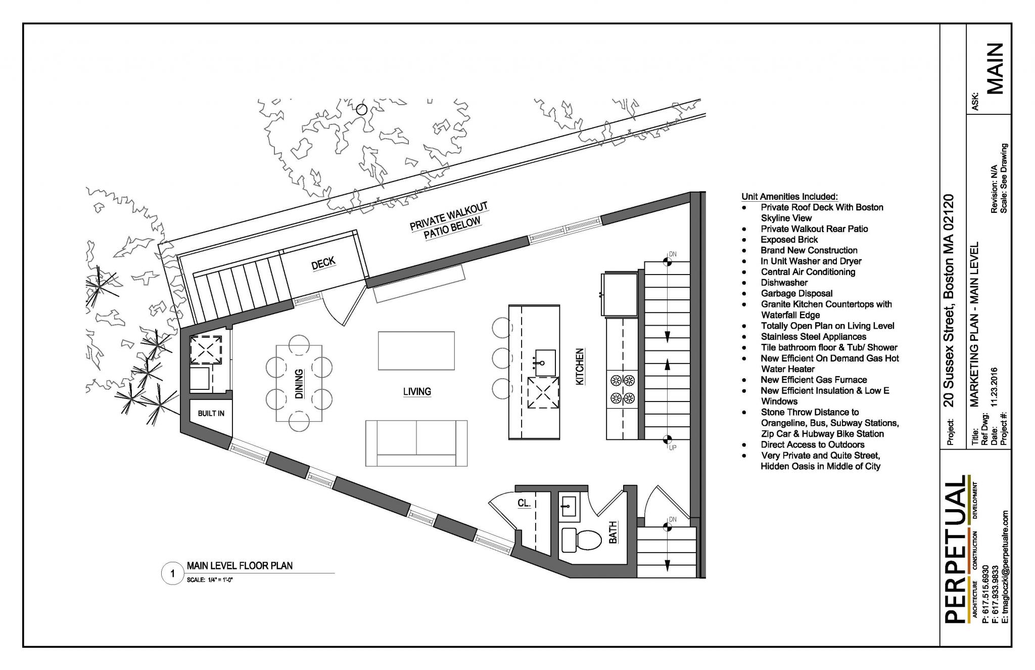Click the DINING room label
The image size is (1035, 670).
tap(299, 384)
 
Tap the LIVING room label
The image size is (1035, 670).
tap(417, 391)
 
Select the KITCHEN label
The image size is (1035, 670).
tap(580, 367)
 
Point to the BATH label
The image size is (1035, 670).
tap(613, 532)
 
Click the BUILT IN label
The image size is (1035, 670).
tap(211, 413)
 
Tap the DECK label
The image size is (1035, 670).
tap(323, 263)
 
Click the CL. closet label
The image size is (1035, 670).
tap(524, 503)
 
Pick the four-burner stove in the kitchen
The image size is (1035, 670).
tap(623, 389)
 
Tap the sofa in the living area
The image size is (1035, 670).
tap(416, 443)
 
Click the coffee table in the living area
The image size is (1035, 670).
tap(416, 351)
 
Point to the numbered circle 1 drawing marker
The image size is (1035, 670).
tap(172, 573)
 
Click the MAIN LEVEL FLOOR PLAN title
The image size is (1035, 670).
tap(240, 565)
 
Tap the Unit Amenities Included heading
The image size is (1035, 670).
tap(789, 196)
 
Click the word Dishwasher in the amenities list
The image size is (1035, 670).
tap(784, 283)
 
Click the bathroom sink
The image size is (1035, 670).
tap(569, 505)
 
